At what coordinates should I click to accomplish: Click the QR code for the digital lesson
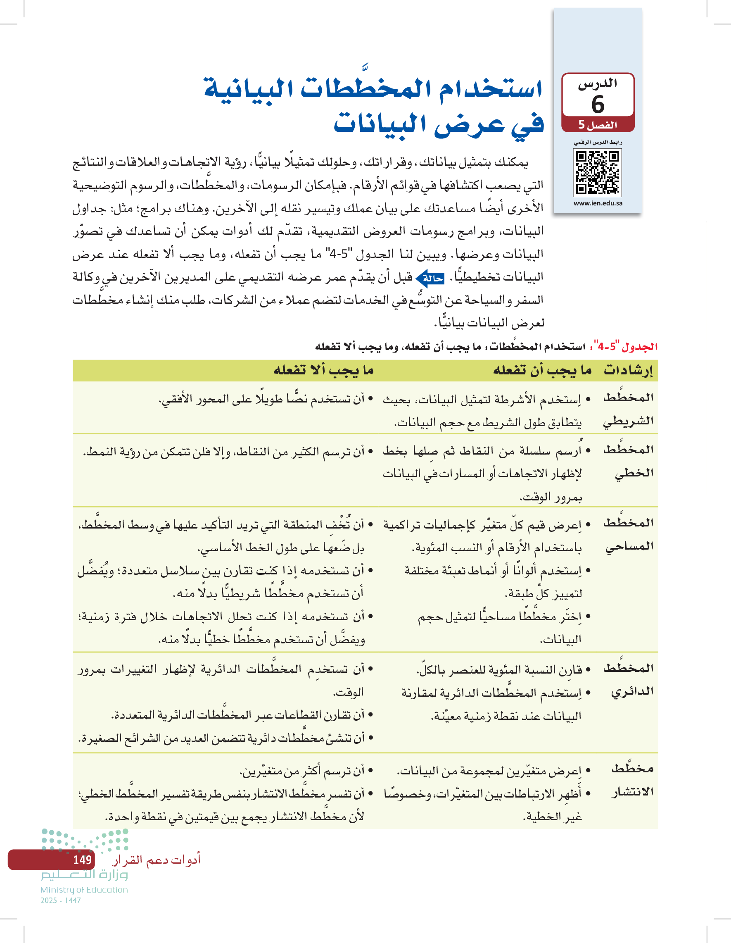click(598, 173)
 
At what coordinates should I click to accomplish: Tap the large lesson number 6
click(598, 104)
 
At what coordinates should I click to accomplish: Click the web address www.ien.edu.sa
click(598, 203)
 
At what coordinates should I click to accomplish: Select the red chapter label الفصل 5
click(598, 125)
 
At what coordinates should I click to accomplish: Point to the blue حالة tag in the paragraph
click(430, 279)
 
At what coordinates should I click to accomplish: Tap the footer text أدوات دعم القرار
click(156, 860)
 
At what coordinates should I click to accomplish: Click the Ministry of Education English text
click(84, 889)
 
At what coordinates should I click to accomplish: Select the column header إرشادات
click(628, 370)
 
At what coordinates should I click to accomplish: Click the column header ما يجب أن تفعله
click(542, 370)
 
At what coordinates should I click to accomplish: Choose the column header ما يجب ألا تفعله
click(324, 370)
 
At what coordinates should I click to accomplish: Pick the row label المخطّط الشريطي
click(628, 409)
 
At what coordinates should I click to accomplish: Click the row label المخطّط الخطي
click(628, 461)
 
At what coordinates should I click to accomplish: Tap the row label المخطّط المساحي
click(628, 534)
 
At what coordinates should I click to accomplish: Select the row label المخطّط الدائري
click(628, 680)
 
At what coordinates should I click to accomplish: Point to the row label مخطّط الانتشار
click(632, 780)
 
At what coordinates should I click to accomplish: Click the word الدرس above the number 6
click(598, 84)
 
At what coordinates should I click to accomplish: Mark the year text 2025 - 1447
click(61, 900)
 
